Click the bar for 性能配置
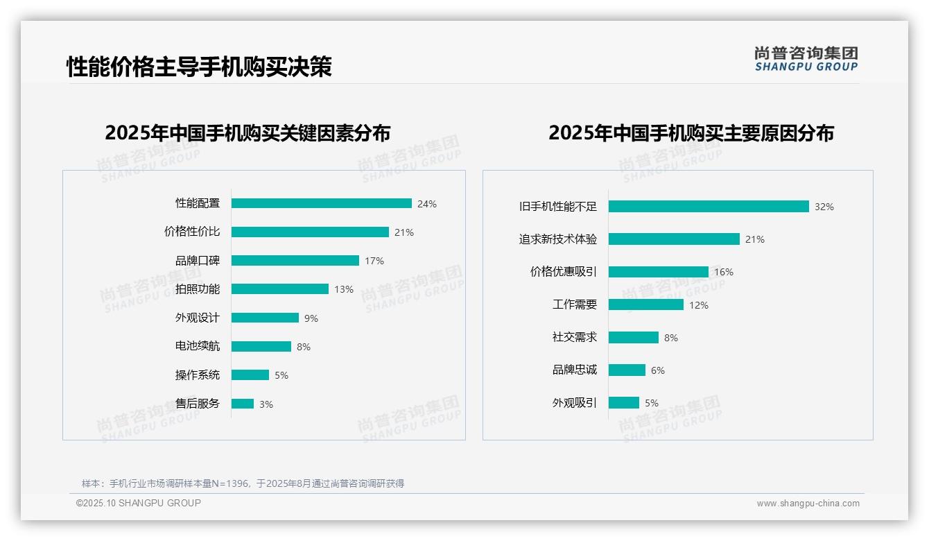coord(321,203)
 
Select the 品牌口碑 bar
coord(295,261)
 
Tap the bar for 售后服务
coord(242,404)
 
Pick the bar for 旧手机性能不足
coord(708,207)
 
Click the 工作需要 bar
coord(645,304)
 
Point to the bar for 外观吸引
coord(623,403)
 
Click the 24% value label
coord(426,204)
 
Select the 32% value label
coord(824,207)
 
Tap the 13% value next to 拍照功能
coord(343,289)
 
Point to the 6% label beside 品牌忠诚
coord(657,370)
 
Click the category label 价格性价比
coord(191,232)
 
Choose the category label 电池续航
coord(197,346)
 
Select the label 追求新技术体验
coord(557,239)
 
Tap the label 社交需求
coord(574,337)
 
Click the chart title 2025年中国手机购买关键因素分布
coord(248,132)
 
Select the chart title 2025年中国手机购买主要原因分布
coord(691,132)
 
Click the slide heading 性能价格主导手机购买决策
coord(199,67)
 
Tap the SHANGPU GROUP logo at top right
coord(806,59)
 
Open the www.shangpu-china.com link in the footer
coord(808,504)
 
